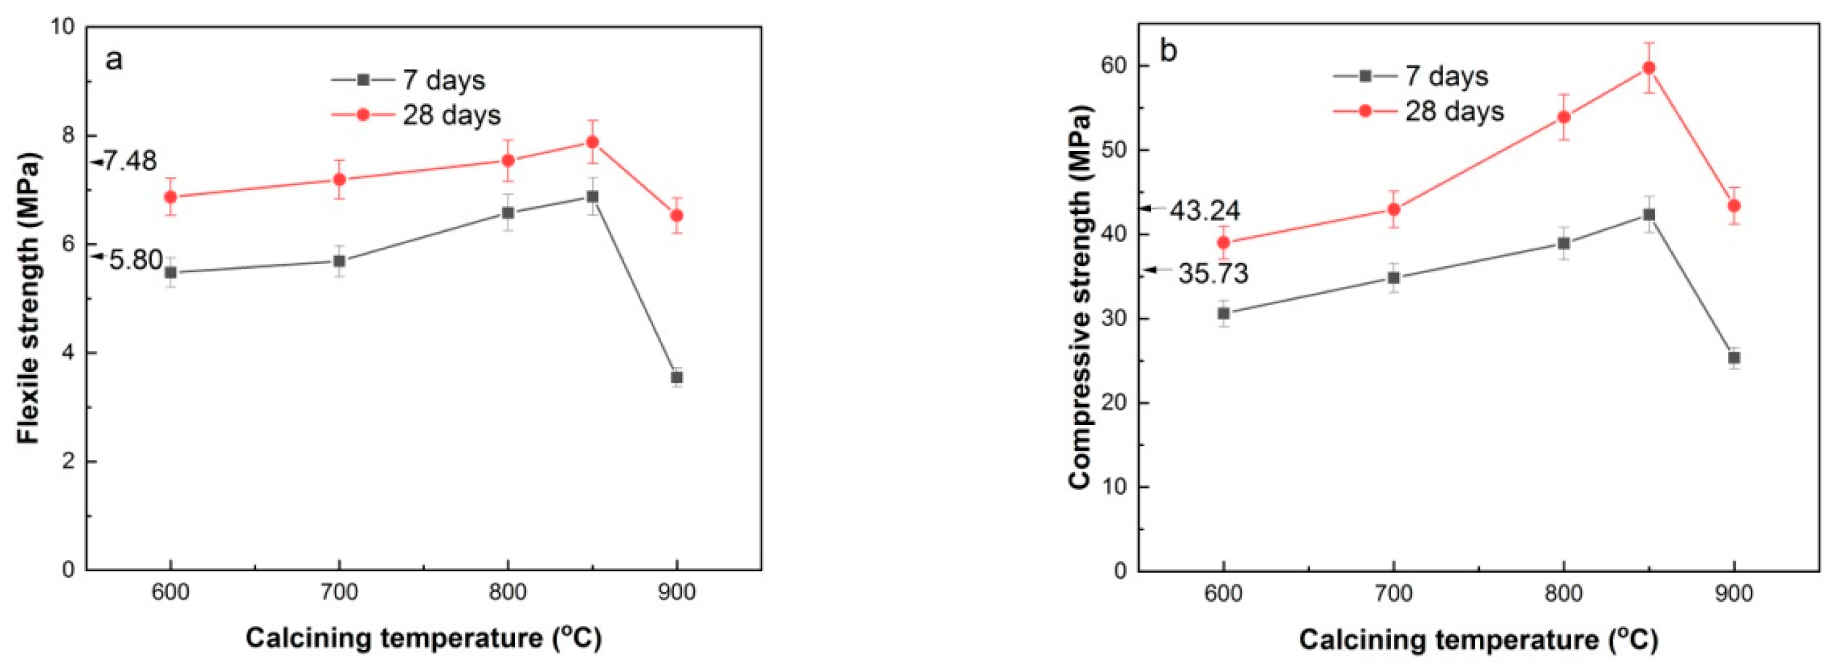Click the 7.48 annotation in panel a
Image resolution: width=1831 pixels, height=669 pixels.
[129, 162]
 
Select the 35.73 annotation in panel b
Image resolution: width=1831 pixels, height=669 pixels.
[1213, 273]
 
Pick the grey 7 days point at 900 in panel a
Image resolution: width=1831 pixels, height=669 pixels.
[677, 377]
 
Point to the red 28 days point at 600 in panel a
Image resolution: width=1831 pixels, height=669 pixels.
[170, 197]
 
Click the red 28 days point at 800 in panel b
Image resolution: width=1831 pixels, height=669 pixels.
[1563, 117]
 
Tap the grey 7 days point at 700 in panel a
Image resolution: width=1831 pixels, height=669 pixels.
[340, 261]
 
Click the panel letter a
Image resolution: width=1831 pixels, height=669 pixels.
[114, 60]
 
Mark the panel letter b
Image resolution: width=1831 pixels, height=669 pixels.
[1169, 51]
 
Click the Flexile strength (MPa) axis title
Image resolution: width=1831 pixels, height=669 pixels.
[28, 297]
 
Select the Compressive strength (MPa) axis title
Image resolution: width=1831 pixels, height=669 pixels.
[1080, 298]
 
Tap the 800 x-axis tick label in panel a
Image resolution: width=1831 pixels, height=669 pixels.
[507, 593]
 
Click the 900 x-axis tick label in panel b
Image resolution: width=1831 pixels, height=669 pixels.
[1734, 593]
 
